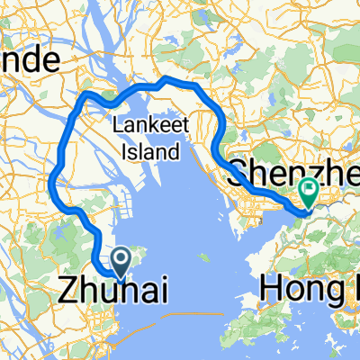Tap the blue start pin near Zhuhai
tap(120, 260)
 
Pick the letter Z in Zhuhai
tap(68, 290)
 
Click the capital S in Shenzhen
tap(239, 175)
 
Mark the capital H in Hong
tap(271, 289)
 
